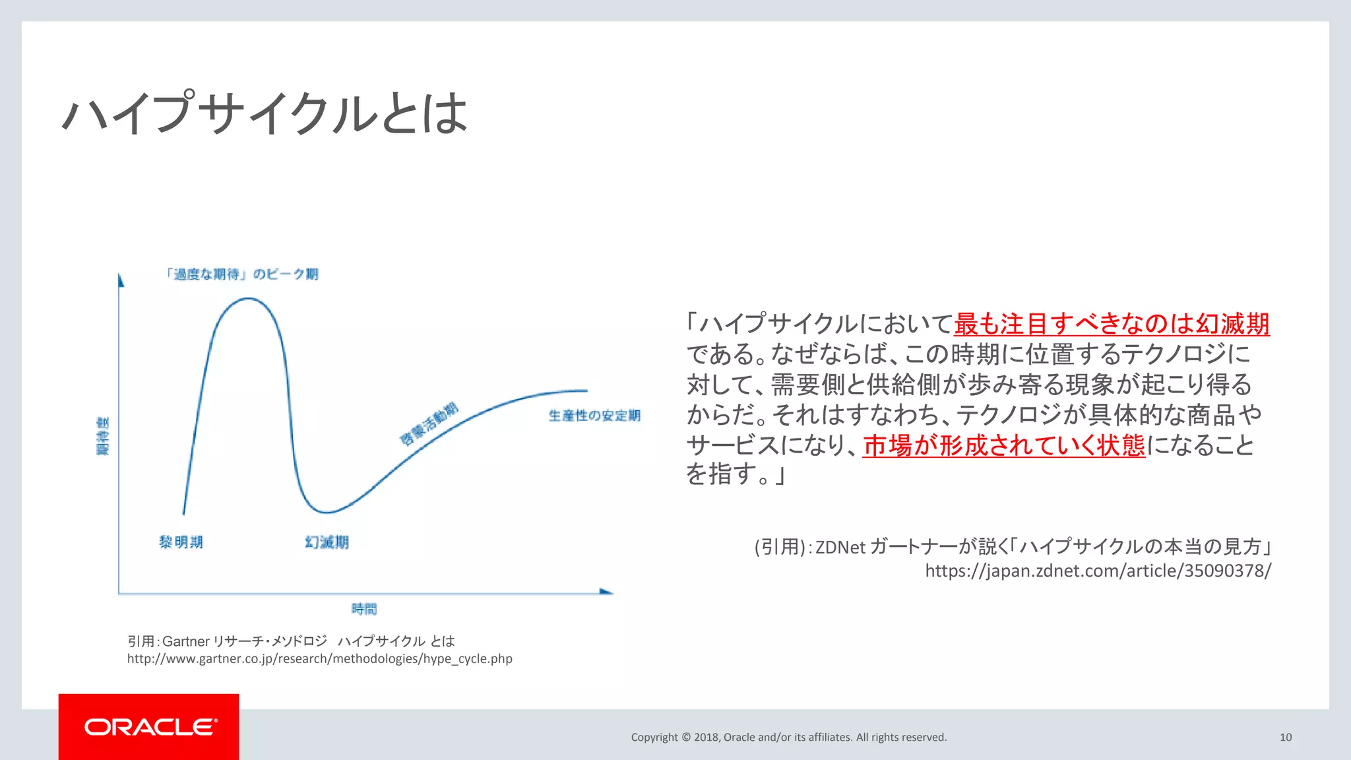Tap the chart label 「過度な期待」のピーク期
242,274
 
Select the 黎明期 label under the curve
181,542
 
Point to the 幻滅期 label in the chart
327,542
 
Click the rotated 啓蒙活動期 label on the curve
429,424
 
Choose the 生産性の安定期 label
594,416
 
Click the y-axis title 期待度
103,436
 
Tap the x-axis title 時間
364,609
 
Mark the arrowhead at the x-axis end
606,592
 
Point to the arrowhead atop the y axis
121,280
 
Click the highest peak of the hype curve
247,299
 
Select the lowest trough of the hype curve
325,512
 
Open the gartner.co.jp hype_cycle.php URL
319,658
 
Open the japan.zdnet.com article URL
1098,571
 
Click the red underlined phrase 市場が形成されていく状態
1003,446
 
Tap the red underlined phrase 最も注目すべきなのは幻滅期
1112,324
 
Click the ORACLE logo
149,727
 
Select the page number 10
1286,738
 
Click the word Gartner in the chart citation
186,641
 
